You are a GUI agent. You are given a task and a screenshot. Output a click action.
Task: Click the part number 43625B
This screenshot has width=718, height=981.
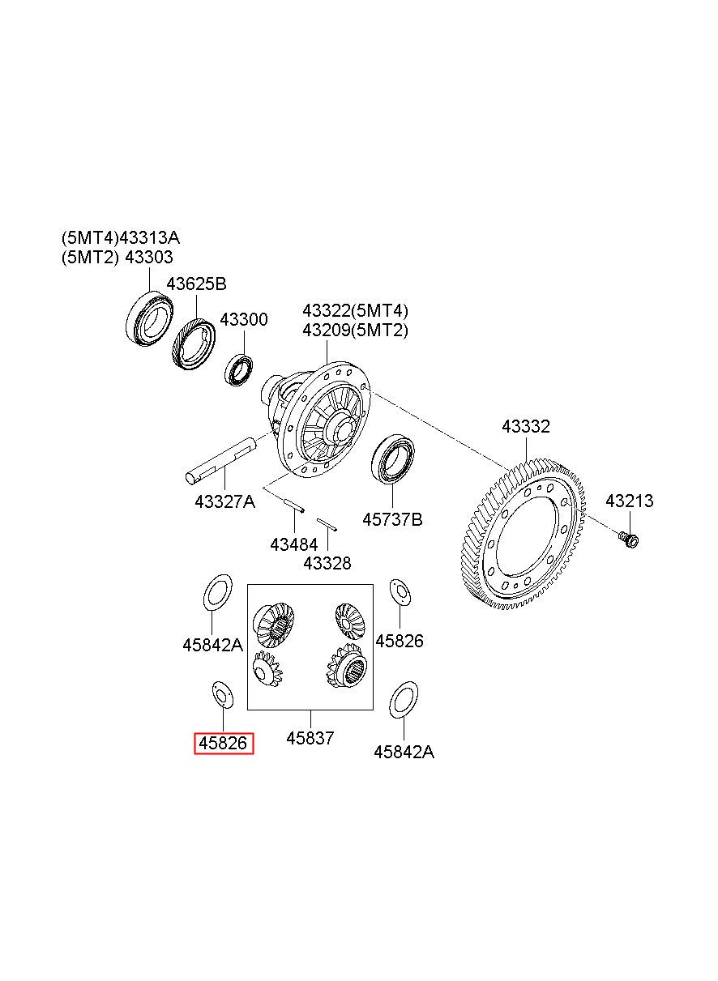(196, 284)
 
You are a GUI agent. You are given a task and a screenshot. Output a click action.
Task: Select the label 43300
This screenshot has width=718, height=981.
(244, 319)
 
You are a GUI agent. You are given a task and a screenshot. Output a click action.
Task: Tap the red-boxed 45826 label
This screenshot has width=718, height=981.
(224, 743)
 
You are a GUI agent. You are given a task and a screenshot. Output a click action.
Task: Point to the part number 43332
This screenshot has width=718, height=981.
(526, 426)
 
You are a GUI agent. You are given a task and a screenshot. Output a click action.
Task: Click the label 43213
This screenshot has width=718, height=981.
(630, 501)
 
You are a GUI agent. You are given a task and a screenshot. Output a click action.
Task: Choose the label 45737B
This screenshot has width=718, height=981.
(392, 519)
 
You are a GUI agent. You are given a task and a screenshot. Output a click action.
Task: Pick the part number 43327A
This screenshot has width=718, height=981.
(224, 501)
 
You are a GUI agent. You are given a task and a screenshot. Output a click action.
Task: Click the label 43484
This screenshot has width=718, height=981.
(294, 545)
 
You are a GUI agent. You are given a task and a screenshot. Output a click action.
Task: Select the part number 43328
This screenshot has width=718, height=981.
(327, 563)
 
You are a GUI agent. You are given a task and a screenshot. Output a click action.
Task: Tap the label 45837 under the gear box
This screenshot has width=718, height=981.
(310, 738)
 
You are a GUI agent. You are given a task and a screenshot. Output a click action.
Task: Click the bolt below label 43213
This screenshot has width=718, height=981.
(629, 540)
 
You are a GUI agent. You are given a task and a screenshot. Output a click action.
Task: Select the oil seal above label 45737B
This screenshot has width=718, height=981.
(393, 459)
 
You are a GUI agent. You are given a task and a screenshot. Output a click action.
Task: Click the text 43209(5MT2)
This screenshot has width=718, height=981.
(355, 330)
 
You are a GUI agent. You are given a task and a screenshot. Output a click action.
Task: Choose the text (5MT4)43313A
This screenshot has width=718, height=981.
(121, 238)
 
